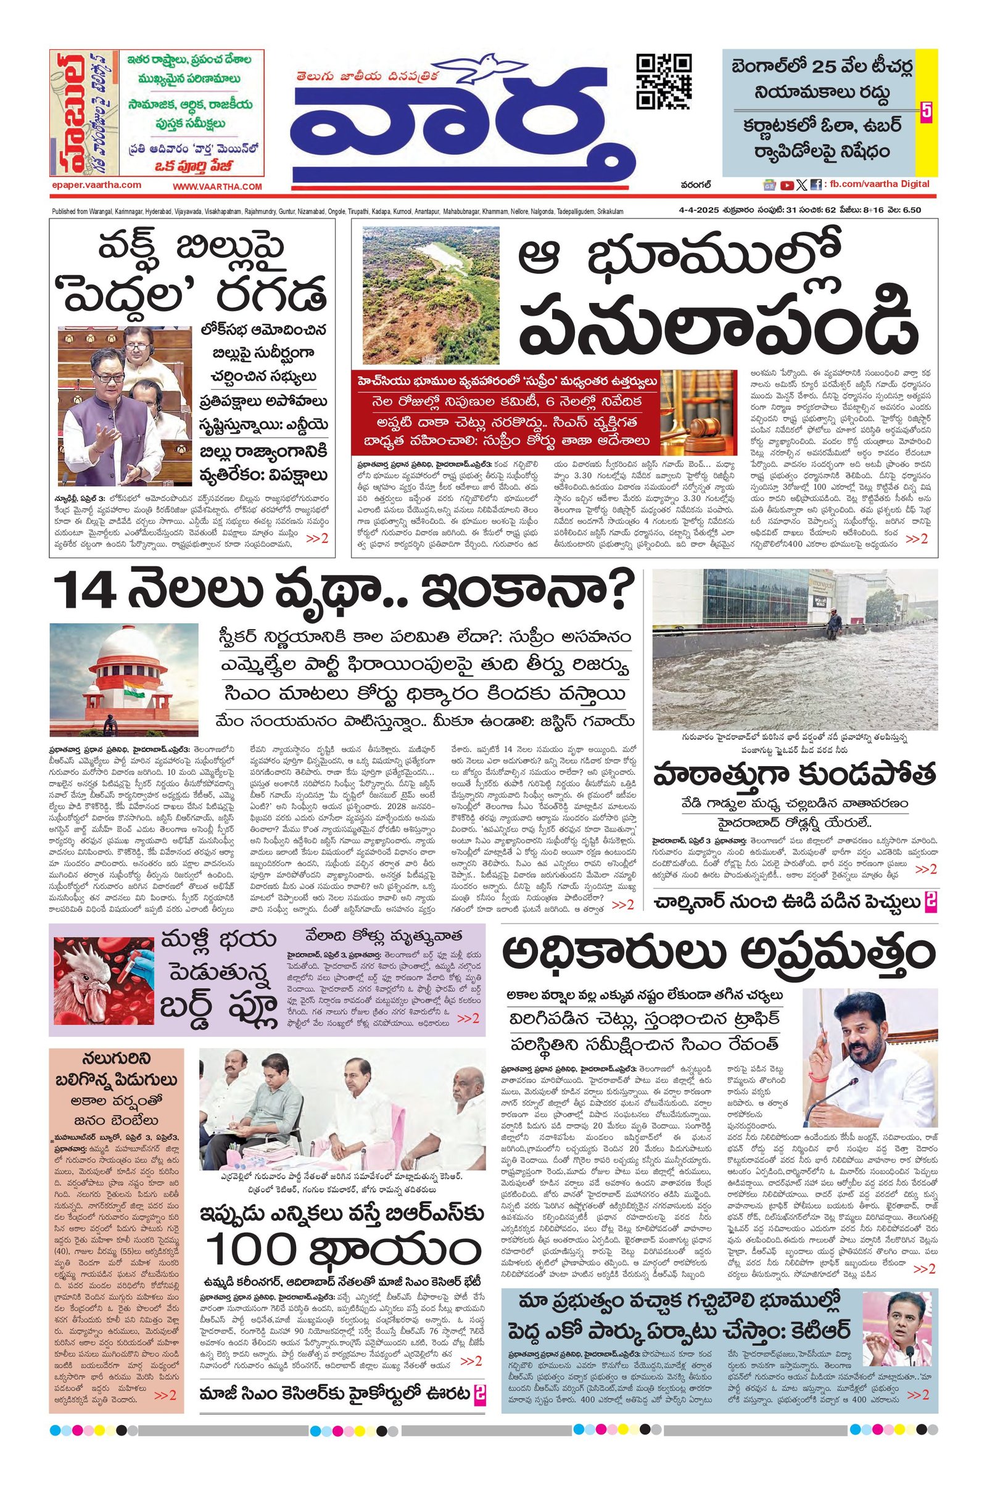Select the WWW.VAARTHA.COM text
coord(217,186)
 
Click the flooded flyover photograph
coord(795,649)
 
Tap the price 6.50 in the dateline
coord(908,210)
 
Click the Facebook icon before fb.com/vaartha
coord(815,185)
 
